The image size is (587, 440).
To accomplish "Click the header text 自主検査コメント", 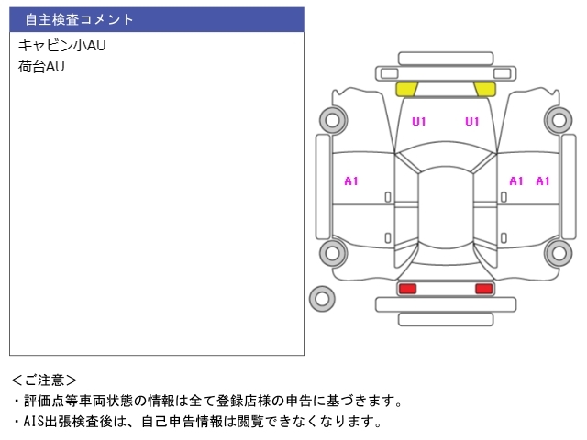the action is (79, 19).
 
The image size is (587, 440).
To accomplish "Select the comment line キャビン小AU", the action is (62, 45).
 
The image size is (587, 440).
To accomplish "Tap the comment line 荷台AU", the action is (41, 67).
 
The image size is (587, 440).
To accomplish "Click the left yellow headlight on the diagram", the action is (406, 90).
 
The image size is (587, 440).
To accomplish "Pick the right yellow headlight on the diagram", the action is (485, 90).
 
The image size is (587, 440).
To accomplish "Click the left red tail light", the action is (407, 289).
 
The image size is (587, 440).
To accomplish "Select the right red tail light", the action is (484, 289).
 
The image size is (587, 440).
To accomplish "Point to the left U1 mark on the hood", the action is (419, 122).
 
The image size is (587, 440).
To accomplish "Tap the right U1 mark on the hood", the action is (472, 122).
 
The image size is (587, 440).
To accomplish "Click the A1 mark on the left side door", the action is (351, 181).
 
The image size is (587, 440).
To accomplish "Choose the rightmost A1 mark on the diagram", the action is (543, 181).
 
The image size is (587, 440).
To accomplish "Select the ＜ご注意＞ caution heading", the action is (44, 380).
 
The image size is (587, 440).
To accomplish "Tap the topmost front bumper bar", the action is (446, 59).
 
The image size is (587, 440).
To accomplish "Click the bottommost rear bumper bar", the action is (446, 320).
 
